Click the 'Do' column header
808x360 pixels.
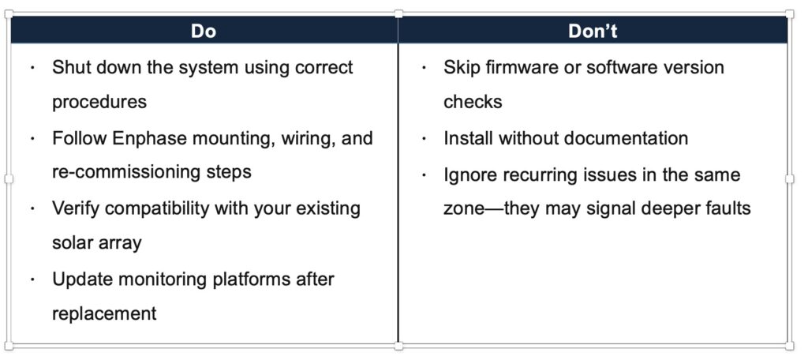point(204,31)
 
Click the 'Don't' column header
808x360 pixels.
point(593,31)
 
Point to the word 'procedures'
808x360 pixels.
point(99,103)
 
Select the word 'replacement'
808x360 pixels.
point(104,313)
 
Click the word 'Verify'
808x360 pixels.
point(78,209)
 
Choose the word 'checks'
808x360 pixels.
point(473,102)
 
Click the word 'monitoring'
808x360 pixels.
point(163,279)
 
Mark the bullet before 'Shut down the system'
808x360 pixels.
point(32,68)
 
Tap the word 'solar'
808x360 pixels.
point(71,243)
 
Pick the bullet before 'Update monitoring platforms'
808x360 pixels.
point(32,279)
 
